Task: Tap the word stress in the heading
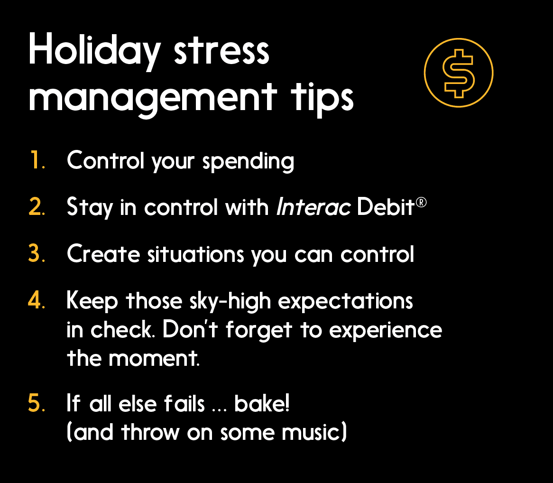coord(222,51)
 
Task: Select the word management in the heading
coord(152,97)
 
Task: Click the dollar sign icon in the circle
coord(458,73)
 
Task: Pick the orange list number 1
coord(36,161)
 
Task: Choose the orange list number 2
coord(37,207)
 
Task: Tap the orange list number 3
coord(37,254)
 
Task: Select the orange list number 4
coord(37,300)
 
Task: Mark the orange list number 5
coord(37,403)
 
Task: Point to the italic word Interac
coord(313,207)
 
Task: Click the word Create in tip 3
coord(103,254)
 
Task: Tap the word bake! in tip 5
coord(262,403)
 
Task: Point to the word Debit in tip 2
coord(386,207)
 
